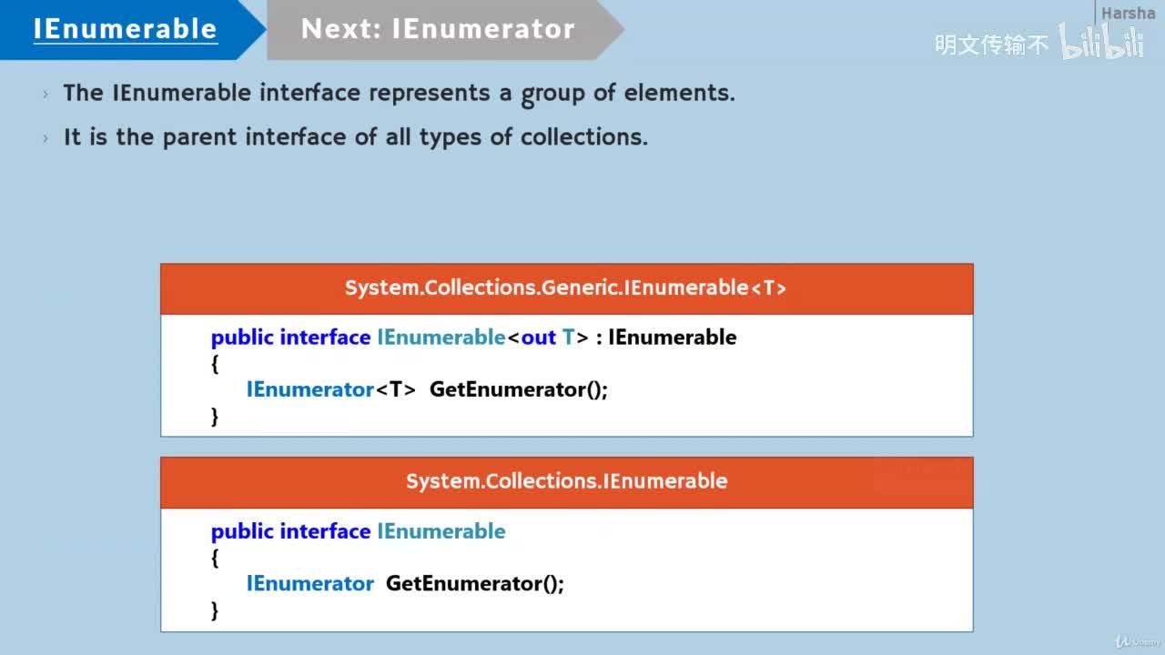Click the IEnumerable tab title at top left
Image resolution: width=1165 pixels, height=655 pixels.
[x=125, y=29]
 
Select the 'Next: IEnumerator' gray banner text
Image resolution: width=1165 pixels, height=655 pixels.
[x=438, y=29]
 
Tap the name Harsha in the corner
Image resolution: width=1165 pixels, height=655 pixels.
[x=1128, y=13]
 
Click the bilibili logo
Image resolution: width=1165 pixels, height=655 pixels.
[x=1101, y=43]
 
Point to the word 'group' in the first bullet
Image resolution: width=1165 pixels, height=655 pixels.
[x=554, y=94]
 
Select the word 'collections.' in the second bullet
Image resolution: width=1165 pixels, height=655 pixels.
[x=583, y=137]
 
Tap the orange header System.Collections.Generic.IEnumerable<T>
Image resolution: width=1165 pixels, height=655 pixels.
[x=566, y=288]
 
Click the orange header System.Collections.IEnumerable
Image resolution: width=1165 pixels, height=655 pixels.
[x=566, y=481]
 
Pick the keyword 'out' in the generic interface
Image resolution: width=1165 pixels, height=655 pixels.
[x=538, y=338]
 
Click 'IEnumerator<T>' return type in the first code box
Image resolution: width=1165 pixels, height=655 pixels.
[x=331, y=389]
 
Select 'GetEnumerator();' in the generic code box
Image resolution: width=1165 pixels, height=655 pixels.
[x=518, y=389]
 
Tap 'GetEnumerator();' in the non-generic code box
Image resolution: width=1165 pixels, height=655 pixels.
[x=474, y=583]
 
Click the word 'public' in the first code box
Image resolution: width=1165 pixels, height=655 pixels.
[x=242, y=338]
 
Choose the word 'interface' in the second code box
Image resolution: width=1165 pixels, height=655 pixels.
[x=325, y=531]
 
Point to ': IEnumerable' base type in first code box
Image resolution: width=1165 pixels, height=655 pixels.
[x=666, y=338]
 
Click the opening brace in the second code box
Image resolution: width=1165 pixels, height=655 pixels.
[x=215, y=557]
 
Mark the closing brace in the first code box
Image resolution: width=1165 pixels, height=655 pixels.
[x=215, y=416]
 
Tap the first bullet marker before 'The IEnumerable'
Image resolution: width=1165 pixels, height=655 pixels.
[x=46, y=94]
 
